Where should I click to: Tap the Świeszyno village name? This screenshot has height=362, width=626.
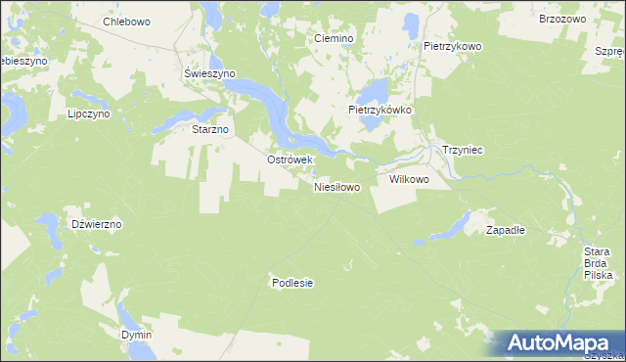[x=205, y=73]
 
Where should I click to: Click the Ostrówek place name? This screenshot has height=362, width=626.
[x=289, y=159]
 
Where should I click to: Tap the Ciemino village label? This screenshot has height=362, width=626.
[x=333, y=38]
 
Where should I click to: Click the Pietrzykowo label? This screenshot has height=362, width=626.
[x=453, y=46]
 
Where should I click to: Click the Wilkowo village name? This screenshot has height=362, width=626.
[x=410, y=180]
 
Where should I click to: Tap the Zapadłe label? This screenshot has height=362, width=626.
[x=507, y=230]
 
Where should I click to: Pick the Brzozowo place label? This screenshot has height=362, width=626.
[x=561, y=19]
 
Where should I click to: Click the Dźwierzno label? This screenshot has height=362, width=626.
[x=97, y=224]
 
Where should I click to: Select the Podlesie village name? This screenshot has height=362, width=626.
[x=291, y=283]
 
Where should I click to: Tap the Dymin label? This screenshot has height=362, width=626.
[x=137, y=335]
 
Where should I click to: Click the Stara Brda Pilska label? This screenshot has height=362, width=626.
[x=597, y=264]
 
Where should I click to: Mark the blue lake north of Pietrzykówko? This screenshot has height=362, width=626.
[x=373, y=94]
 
